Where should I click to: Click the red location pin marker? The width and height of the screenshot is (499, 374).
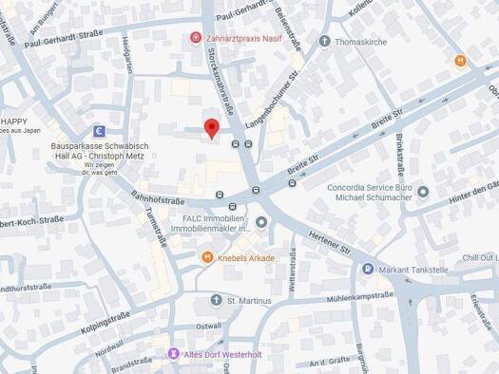tap(212, 128)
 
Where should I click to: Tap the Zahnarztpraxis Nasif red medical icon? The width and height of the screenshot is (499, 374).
tap(196, 38)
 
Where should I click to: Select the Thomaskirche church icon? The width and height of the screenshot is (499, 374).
tap(324, 41)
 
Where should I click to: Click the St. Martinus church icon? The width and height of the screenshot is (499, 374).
tap(216, 300)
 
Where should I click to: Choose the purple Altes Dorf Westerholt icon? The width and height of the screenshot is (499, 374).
tap(172, 354)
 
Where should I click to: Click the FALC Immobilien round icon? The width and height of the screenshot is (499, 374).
tap(261, 222)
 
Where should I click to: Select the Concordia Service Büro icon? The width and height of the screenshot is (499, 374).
tap(423, 191)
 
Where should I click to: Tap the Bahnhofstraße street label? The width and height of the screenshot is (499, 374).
tap(157, 201)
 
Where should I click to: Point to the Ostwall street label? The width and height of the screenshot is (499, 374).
tap(208, 326)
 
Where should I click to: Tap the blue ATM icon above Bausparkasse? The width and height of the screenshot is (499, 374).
tap(98, 131)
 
